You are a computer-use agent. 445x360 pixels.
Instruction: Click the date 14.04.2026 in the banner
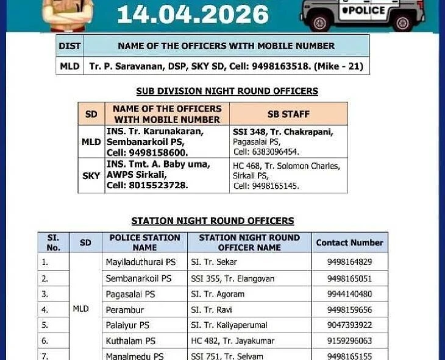[x=193, y=14]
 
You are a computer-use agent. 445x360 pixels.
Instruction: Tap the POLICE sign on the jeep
[x=363, y=10]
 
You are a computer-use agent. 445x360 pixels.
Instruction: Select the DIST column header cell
[x=69, y=46]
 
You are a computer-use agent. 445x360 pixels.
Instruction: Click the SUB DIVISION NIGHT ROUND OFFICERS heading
[x=227, y=91]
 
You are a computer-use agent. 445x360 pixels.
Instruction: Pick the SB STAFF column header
[x=288, y=114]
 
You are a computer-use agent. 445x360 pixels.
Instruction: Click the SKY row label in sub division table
[x=91, y=175]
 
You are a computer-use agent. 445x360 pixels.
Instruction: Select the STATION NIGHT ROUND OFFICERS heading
[x=213, y=221]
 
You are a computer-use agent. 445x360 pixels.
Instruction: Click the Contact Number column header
[x=349, y=242]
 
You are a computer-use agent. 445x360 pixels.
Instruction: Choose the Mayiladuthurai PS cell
[x=141, y=262]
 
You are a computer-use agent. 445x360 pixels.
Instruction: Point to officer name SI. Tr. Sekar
[x=214, y=262]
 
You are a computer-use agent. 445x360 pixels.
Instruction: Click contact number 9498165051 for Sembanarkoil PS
[x=349, y=278]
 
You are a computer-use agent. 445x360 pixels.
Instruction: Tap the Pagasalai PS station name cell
[x=130, y=294]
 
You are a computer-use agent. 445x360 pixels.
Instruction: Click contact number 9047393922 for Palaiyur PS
[x=349, y=325]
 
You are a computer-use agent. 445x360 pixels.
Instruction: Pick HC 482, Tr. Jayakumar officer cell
[x=232, y=341]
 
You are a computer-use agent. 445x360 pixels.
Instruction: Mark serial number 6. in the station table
[x=44, y=341]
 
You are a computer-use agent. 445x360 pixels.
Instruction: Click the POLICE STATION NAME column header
[x=144, y=242]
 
